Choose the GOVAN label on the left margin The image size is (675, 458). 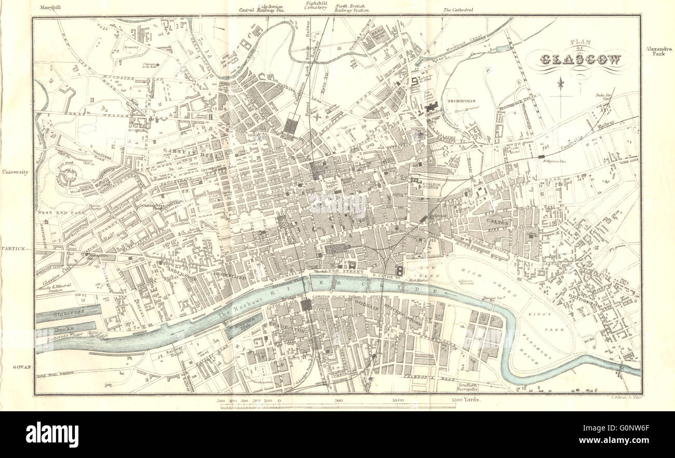20,367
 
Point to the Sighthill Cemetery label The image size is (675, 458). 316,5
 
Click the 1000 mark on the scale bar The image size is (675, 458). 397,400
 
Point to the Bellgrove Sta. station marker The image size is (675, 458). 542,156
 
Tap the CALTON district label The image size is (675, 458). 498,222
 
